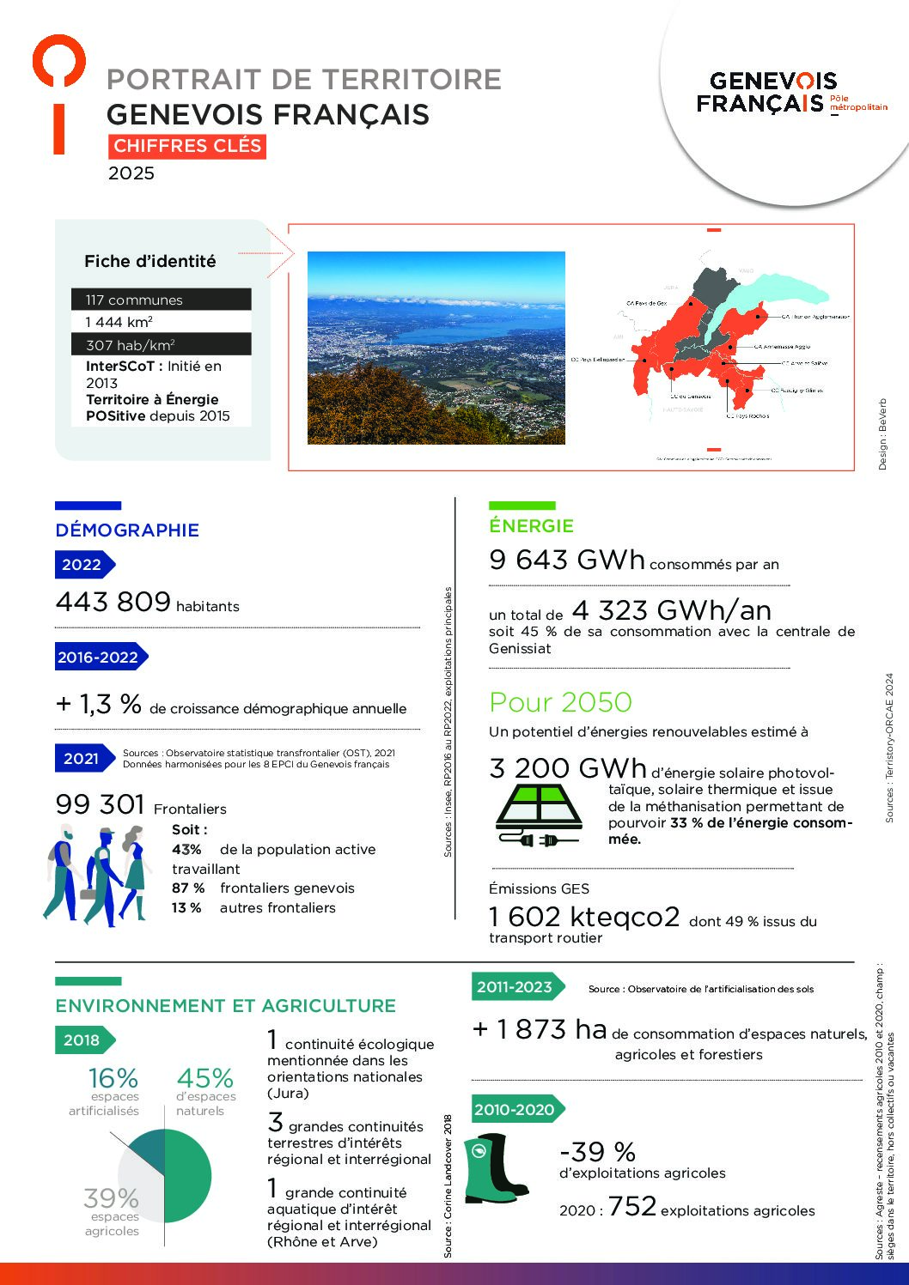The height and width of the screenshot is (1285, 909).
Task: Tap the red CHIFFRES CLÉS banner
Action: tap(187, 147)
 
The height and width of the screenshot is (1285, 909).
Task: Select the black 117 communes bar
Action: tap(162, 300)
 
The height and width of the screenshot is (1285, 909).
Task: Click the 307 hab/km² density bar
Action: tap(162, 345)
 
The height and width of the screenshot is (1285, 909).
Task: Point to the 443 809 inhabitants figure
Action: tap(113, 602)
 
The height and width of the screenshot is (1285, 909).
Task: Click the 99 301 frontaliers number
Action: tap(100, 804)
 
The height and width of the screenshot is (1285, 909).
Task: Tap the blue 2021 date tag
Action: tap(82, 758)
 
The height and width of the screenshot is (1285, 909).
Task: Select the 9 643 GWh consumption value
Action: tap(566, 560)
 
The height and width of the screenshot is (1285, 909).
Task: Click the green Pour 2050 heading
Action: tap(560, 702)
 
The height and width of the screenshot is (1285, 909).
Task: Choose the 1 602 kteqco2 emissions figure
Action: tap(584, 917)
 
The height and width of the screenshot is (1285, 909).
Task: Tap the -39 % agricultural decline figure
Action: tap(597, 1151)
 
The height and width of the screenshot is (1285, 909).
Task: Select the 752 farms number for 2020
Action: tap(631, 1207)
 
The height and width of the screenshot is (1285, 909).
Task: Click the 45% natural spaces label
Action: tap(204, 1078)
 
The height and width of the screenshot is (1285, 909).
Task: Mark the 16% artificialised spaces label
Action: tap(113, 1078)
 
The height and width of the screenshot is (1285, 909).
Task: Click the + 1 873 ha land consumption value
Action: tap(540, 1029)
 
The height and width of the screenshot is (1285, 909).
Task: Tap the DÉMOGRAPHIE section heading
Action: tap(127, 530)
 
